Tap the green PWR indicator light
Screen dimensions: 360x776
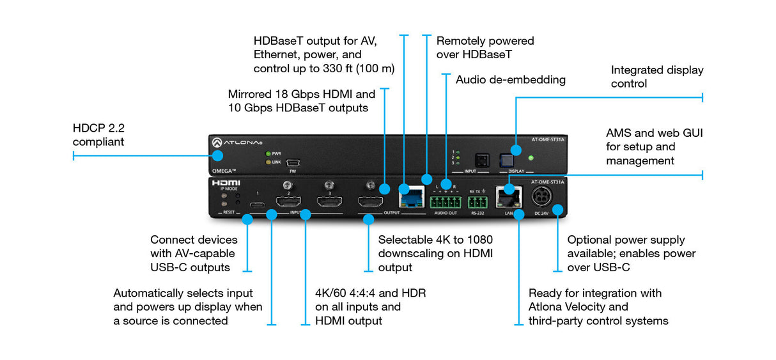(x=268, y=153)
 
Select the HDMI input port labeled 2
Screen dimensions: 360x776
(x=288, y=203)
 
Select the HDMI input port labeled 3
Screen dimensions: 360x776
(x=329, y=203)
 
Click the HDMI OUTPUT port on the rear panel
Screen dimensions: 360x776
(x=370, y=203)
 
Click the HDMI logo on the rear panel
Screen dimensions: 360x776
(x=226, y=183)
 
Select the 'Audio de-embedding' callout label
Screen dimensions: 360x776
(x=510, y=80)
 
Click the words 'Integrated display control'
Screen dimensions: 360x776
(x=656, y=77)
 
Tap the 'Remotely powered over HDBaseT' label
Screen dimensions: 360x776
(x=485, y=48)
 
